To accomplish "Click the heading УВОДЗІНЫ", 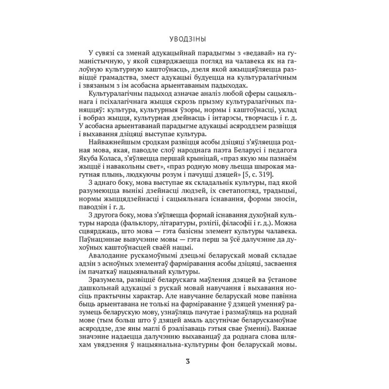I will tap(194, 38).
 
